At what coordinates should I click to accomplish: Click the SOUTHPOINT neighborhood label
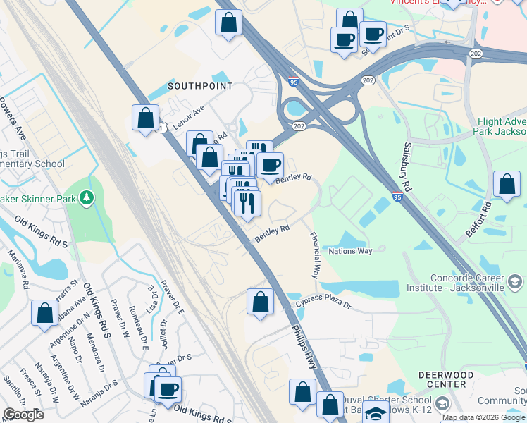click(199, 86)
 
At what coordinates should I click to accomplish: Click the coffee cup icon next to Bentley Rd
click(269, 166)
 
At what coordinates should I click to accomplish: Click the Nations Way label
click(350, 251)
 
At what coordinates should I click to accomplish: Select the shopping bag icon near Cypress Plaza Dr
click(260, 302)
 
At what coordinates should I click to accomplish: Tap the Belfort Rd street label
click(486, 218)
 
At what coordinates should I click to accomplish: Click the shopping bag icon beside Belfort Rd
click(507, 184)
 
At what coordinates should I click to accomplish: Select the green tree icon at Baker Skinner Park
click(87, 198)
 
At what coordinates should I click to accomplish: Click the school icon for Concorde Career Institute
click(515, 283)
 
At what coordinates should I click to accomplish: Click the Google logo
click(24, 415)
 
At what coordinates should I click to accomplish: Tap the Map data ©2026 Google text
click(482, 417)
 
